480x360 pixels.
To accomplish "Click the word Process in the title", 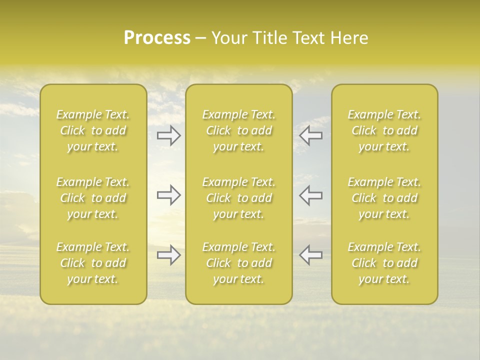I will click(x=157, y=38).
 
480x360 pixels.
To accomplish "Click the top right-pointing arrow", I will click(x=168, y=135).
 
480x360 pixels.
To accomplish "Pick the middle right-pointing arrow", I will click(x=168, y=195).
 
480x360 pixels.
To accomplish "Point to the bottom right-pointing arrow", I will click(x=168, y=255).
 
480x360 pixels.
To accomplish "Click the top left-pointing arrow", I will click(x=311, y=135).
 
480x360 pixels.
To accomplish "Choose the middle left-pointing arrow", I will click(x=311, y=195).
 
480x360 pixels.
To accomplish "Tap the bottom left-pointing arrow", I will click(x=311, y=255).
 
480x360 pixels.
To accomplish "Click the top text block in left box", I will click(x=93, y=130).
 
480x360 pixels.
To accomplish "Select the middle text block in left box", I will click(x=93, y=198).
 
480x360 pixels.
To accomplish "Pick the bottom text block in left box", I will click(x=93, y=263).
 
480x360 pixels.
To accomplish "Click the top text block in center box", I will click(x=239, y=130).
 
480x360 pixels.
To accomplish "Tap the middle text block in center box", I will click(x=239, y=198).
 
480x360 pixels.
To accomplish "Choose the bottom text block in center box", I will click(x=239, y=263).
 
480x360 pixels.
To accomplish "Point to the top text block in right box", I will click(x=384, y=130).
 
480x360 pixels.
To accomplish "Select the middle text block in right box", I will click(x=384, y=198).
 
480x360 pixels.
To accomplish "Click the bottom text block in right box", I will click(x=384, y=263).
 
